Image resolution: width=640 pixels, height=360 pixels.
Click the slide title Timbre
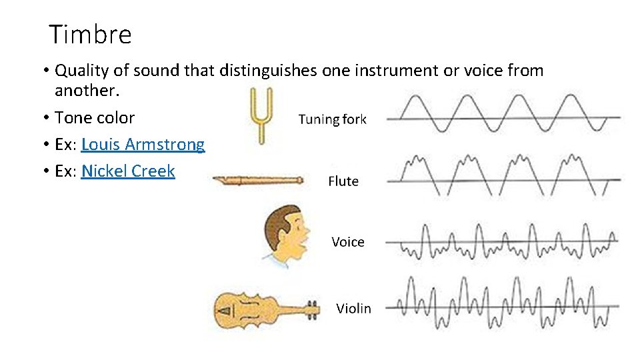click(x=91, y=35)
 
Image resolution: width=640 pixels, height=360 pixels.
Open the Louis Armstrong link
click(x=143, y=145)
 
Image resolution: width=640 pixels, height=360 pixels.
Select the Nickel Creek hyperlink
click(x=128, y=171)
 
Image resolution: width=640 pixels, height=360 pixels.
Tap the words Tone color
click(x=95, y=118)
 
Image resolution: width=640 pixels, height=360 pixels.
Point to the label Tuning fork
click(x=332, y=119)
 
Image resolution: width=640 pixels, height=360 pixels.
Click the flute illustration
click(x=257, y=179)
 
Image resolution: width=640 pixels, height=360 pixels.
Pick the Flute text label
click(x=343, y=181)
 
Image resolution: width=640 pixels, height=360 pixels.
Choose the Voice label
click(x=348, y=242)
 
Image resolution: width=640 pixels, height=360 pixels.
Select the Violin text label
click(x=353, y=308)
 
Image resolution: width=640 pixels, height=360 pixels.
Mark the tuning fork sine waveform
click(x=503, y=115)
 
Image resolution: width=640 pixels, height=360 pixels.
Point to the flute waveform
click(x=503, y=176)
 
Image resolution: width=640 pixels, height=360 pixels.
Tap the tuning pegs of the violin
click(x=313, y=309)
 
